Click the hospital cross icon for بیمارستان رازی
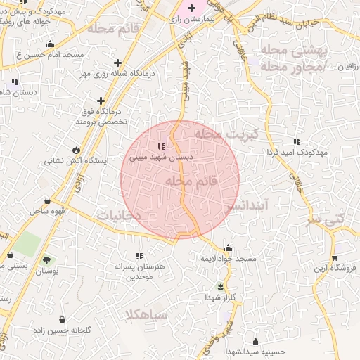191,8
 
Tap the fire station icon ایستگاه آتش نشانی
76,150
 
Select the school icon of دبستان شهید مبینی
161,146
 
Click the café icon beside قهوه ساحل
47,200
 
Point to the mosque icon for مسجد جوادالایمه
227,248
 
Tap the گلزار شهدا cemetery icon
220,286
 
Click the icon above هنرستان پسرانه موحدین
139,257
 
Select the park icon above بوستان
46,260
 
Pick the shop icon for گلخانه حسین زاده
63,320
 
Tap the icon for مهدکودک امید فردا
297,141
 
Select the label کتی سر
328,219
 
